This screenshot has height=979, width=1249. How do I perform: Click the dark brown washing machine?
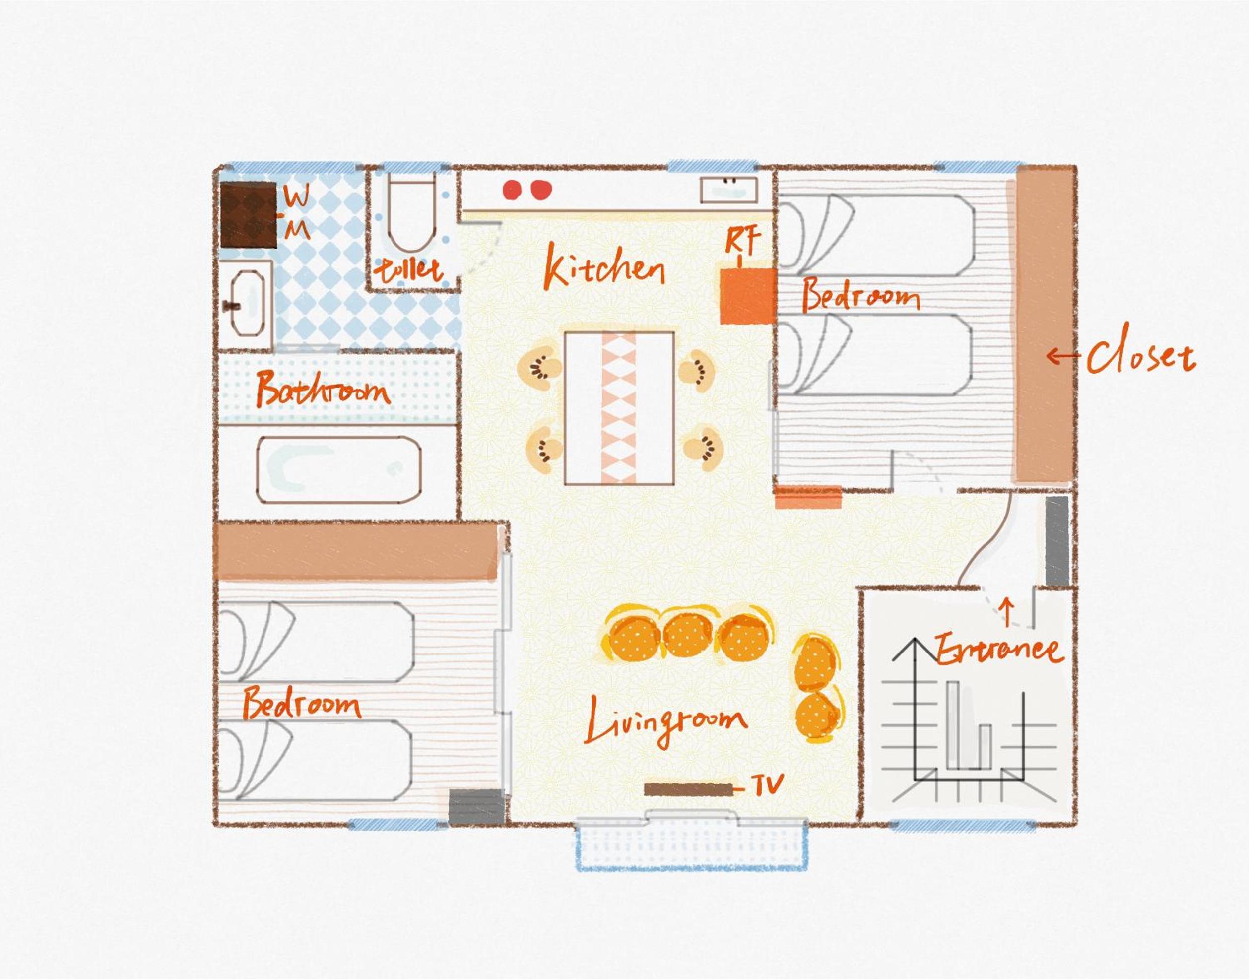248,214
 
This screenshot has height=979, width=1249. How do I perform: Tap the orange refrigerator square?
748,296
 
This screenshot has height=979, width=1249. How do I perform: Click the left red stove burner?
512,190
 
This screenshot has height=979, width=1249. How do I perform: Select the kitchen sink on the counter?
728,190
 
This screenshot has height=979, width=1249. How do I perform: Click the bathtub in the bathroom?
339,470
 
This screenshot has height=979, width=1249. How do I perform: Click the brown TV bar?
688,790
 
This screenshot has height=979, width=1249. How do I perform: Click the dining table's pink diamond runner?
618,407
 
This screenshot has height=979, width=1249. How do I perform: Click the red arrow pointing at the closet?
1063,355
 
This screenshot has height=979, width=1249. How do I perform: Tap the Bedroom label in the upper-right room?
861,295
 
